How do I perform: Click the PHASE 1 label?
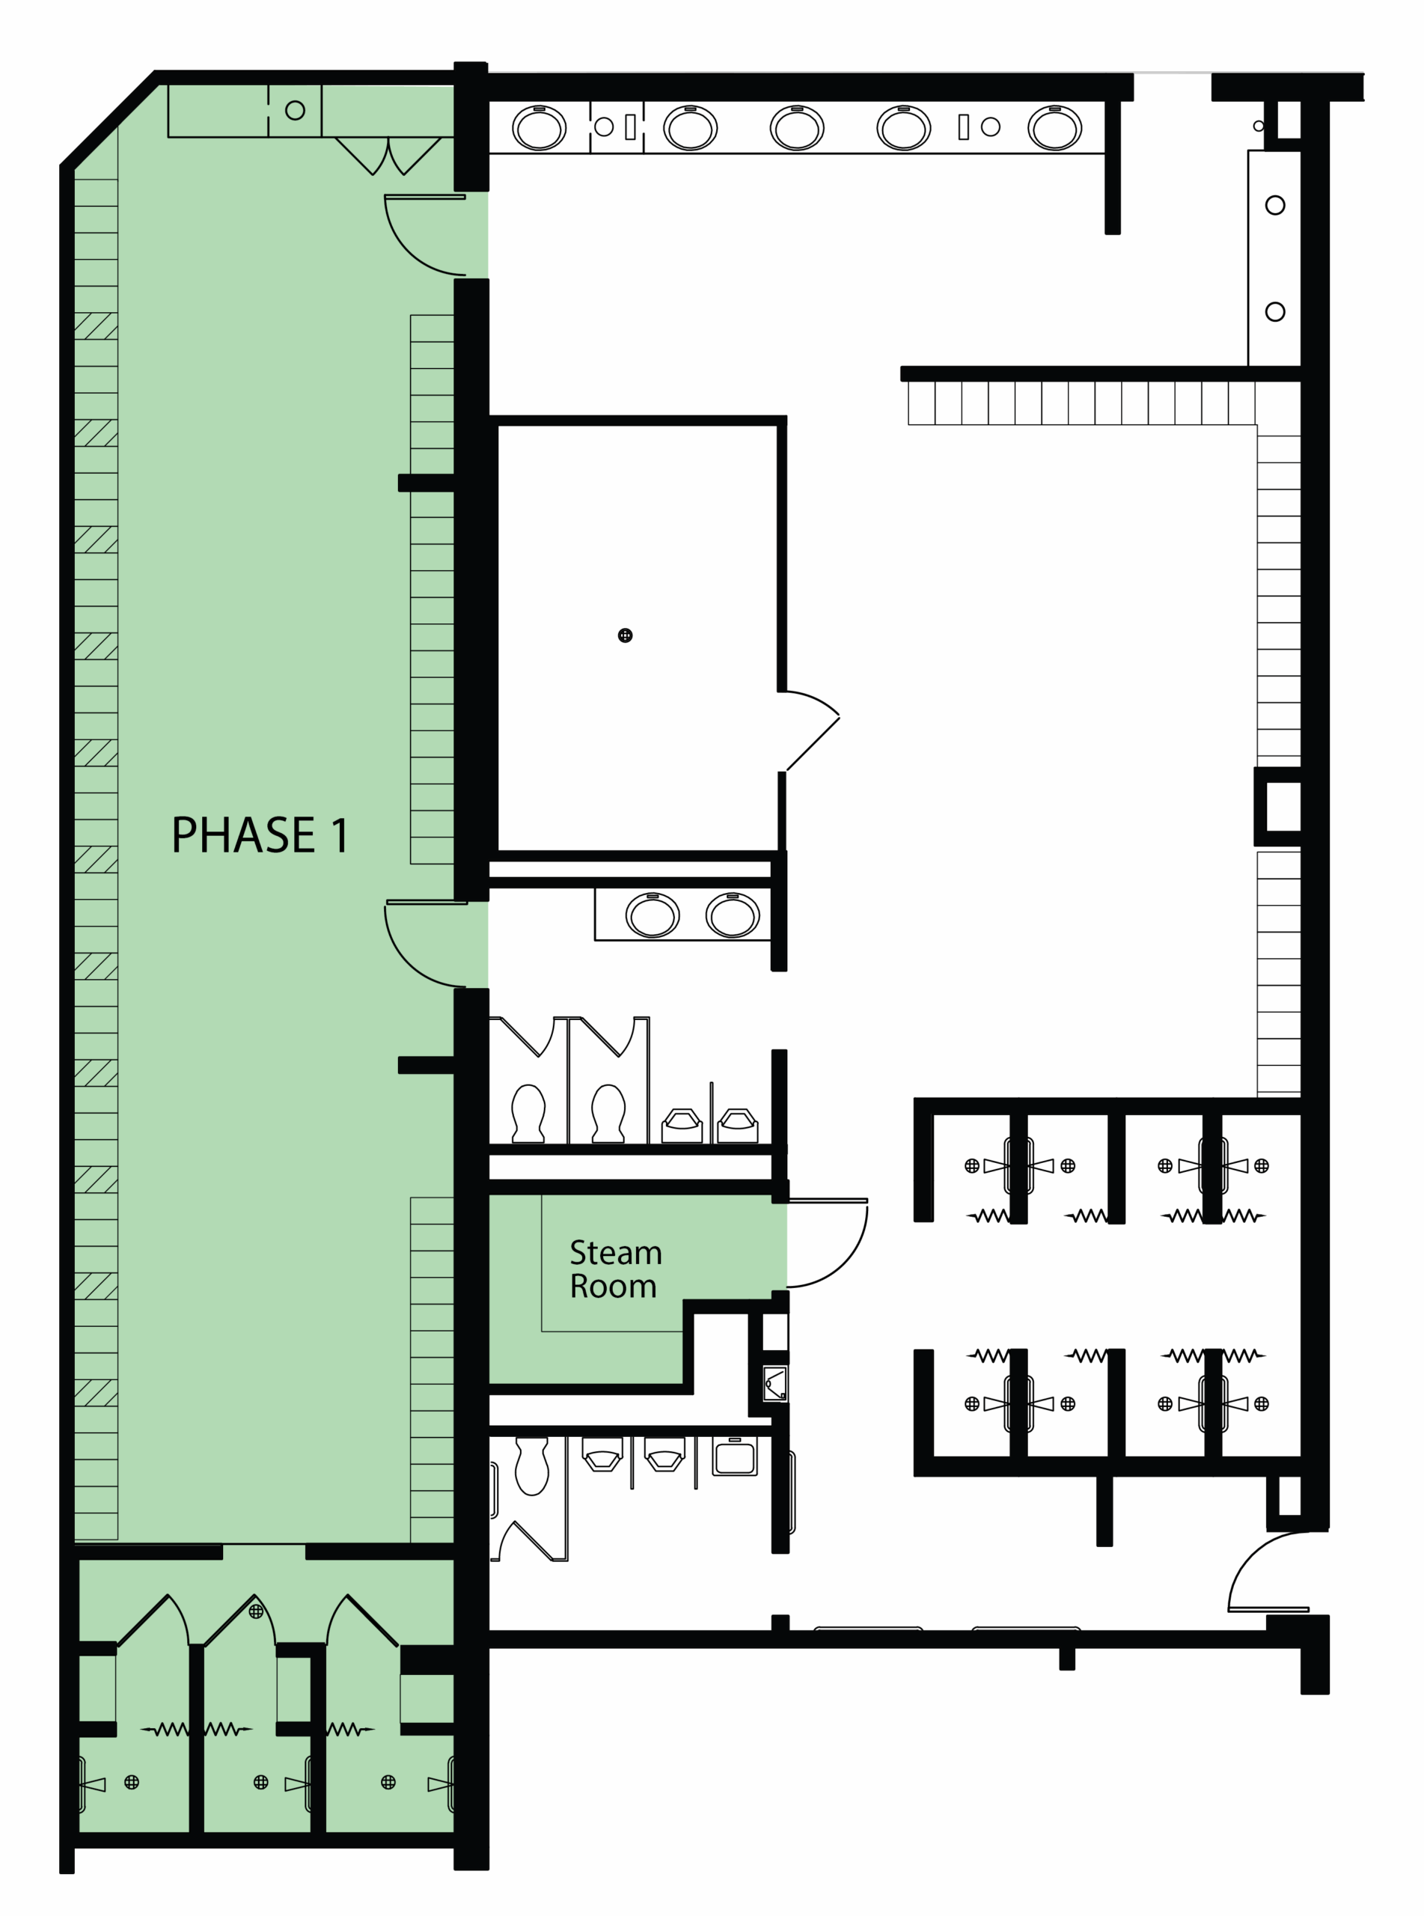[260, 835]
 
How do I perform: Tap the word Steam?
[615, 1252]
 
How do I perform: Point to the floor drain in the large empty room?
[625, 635]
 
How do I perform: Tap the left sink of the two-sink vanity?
[652, 915]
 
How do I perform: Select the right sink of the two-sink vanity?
[732, 915]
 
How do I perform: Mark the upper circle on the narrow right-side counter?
[1275, 205]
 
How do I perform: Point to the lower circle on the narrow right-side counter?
[1275, 311]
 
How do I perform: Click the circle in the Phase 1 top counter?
[295, 110]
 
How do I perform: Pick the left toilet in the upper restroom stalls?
[528, 1113]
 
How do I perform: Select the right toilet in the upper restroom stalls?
[608, 1113]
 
